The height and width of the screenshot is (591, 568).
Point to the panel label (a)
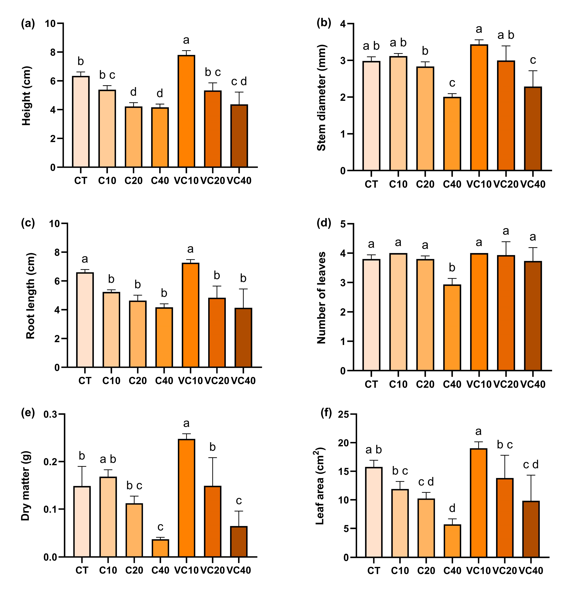pos(28,23)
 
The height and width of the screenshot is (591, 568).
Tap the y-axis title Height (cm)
pos(27,96)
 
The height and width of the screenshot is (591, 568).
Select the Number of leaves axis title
pos(322,298)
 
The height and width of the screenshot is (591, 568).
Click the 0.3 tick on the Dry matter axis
pos(50,415)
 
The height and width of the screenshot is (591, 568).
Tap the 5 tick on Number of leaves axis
pos(343,224)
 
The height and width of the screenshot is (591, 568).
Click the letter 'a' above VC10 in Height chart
pos(186,40)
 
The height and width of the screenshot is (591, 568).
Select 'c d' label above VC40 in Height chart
pos(239,81)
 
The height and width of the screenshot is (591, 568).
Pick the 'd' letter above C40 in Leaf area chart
pos(452,508)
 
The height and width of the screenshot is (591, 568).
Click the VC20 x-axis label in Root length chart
pos(217,381)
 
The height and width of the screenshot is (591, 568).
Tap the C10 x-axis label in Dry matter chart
pos(108,570)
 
